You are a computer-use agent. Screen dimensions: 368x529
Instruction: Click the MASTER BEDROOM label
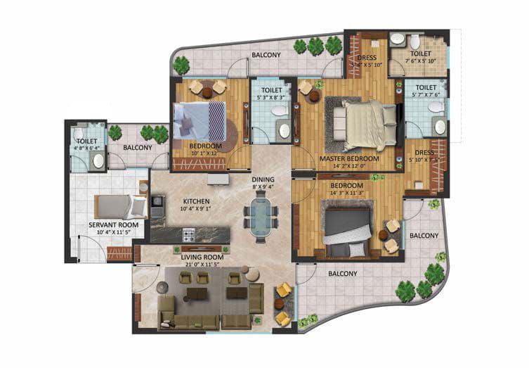click(349, 158)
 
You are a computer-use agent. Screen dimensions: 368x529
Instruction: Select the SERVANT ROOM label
click(113, 224)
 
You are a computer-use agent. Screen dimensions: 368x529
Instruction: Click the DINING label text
click(263, 179)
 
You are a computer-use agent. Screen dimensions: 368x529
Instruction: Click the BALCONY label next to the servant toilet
click(138, 147)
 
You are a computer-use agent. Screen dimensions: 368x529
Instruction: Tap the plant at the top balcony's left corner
click(183, 65)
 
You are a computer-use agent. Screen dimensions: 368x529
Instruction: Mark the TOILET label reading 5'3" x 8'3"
click(272, 91)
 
